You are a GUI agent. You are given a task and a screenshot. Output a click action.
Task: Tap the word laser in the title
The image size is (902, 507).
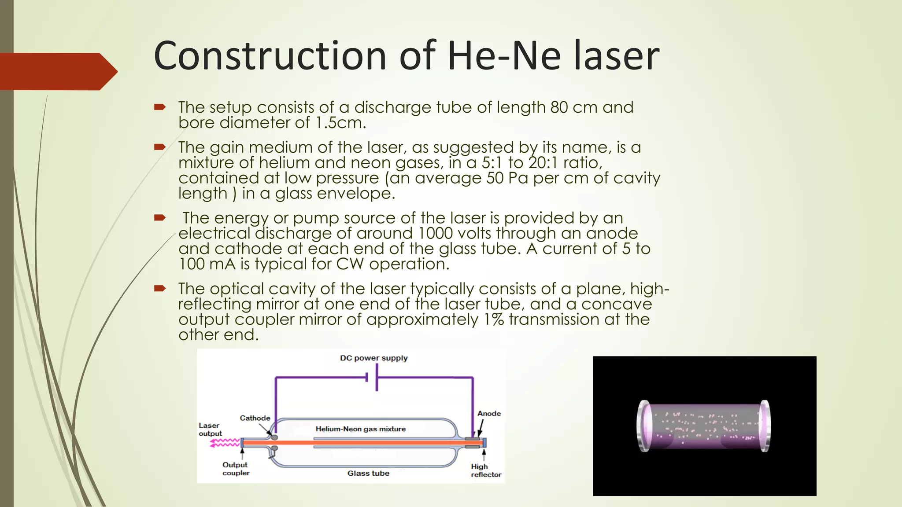point(616,56)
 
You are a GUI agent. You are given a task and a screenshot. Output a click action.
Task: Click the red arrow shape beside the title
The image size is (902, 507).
point(57,71)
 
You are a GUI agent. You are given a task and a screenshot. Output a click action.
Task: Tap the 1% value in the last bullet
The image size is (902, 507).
point(494,320)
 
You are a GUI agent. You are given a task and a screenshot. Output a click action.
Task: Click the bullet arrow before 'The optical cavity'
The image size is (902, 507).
point(159,289)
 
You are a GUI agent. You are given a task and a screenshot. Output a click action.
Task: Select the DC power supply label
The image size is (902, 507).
point(373,358)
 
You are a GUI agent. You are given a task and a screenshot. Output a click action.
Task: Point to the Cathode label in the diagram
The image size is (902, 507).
point(255,418)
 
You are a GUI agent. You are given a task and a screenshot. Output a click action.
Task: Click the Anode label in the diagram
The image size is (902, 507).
point(489,414)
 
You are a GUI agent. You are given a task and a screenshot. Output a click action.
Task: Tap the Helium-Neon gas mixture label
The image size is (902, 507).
point(360,429)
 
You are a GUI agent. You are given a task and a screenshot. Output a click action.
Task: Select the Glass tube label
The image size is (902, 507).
point(368,474)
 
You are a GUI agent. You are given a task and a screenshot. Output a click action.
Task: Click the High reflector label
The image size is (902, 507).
point(485,470)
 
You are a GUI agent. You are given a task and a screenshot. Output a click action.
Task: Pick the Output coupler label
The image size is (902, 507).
point(236,469)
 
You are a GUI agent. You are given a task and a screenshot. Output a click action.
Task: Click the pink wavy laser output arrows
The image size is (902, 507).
point(225,443)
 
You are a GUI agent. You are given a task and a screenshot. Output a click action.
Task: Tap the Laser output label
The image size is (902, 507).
point(210,430)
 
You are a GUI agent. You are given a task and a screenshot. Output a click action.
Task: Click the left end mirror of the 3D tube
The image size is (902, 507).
point(644,426)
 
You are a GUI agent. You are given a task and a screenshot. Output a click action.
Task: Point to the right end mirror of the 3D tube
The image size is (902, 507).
point(765,426)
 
